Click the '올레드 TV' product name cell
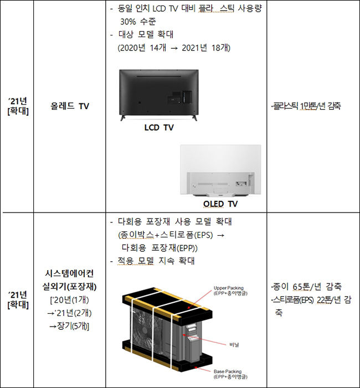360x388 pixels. tap(70, 106)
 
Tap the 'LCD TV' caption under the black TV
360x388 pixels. tap(159, 128)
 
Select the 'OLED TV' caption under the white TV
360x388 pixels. tap(220, 204)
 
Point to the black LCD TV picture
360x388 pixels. tap(159, 95)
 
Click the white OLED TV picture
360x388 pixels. tap(220, 170)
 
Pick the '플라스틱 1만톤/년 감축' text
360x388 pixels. tap(306, 106)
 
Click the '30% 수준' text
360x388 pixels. tap(138, 22)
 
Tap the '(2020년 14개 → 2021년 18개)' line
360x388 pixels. tap(174, 48)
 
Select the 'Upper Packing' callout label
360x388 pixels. tap(229, 288)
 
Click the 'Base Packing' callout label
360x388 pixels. tap(228, 371)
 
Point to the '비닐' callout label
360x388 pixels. tap(234, 344)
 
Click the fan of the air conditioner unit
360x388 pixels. tap(145, 329)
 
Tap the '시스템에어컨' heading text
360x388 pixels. tap(70, 273)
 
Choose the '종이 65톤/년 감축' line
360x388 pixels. tap(306, 287)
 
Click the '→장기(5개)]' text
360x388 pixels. tap(69, 327)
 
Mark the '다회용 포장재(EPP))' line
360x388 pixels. tap(160, 248)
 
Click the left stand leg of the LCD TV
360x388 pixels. tap(123, 117)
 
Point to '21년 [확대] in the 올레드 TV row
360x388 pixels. tap(18, 106)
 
